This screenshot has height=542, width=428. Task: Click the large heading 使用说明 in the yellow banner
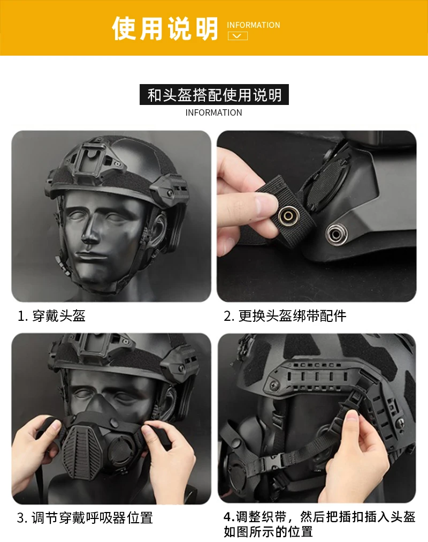point(165,28)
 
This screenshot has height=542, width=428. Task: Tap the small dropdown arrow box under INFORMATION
point(238,36)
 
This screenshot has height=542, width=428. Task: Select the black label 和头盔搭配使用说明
point(214,94)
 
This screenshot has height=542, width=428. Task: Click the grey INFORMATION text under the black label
point(213,112)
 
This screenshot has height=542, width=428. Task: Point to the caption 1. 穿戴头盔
point(51,315)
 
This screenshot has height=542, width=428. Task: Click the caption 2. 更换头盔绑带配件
point(285,315)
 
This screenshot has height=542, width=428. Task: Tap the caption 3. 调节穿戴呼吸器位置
point(85,518)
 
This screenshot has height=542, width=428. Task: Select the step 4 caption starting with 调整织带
point(319,524)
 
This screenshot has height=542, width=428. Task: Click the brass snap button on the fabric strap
point(288,216)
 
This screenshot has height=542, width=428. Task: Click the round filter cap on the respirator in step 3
point(121,451)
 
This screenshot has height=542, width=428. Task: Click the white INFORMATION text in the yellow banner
point(254,25)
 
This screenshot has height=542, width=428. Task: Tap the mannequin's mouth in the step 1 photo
point(90,257)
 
